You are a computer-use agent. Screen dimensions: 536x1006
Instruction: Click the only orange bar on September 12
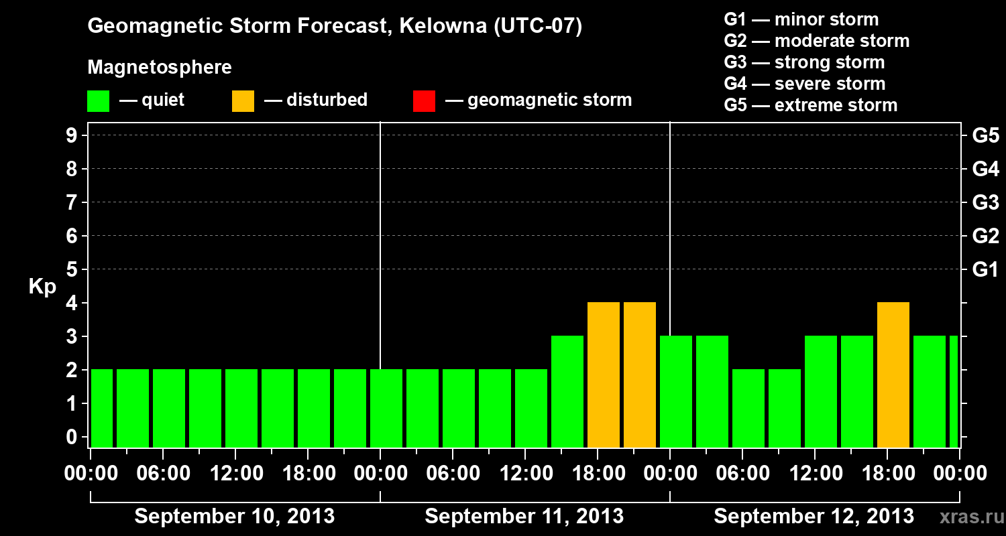pyautogui.click(x=893, y=375)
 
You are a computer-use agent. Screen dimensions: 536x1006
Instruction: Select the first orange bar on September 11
pyautogui.click(x=603, y=375)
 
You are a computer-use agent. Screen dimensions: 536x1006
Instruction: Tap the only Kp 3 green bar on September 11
pyautogui.click(x=567, y=392)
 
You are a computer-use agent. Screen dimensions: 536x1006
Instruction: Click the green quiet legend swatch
pyautogui.click(x=98, y=101)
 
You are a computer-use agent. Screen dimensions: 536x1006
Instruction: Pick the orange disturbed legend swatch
pyautogui.click(x=243, y=101)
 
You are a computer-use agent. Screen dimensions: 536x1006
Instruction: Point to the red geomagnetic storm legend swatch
pyautogui.click(x=424, y=101)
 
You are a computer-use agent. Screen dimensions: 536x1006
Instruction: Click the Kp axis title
pyautogui.click(x=42, y=287)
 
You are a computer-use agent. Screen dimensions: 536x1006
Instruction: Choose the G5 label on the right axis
pyautogui.click(x=985, y=136)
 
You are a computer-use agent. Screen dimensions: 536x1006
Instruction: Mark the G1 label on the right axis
pyautogui.click(x=985, y=270)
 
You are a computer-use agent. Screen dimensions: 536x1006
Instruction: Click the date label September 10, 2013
pyautogui.click(x=235, y=517)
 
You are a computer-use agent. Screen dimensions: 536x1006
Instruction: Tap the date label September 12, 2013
pyautogui.click(x=814, y=517)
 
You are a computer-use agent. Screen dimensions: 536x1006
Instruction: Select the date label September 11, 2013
pyautogui.click(x=524, y=517)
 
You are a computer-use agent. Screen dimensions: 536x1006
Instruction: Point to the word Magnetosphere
pyautogui.click(x=160, y=68)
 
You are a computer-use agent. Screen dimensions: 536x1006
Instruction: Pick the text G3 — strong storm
pyautogui.click(x=804, y=62)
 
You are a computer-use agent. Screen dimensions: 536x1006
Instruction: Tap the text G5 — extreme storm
pyautogui.click(x=810, y=105)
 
